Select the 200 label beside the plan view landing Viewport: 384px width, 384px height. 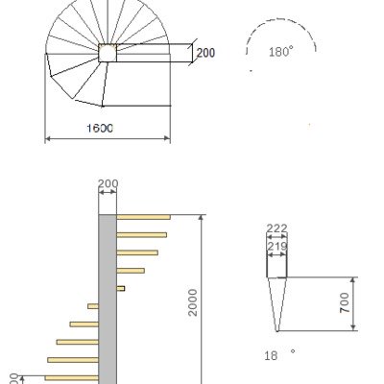pos(205,54)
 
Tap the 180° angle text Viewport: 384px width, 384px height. pos(281,53)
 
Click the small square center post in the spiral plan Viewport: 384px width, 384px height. pos(107,53)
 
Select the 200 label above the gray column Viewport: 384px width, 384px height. pos(108,183)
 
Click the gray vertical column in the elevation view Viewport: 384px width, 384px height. pos(108,298)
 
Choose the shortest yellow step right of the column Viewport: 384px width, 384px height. pos(120,288)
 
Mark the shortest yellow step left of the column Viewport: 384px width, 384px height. pos(93,306)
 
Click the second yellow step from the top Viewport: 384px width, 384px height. pos(141,234)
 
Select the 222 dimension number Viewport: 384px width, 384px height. pos(276,228)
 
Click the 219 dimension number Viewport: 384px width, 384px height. pos(276,247)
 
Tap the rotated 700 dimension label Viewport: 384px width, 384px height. pos(346,305)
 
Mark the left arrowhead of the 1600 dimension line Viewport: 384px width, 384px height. pos(48,139)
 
